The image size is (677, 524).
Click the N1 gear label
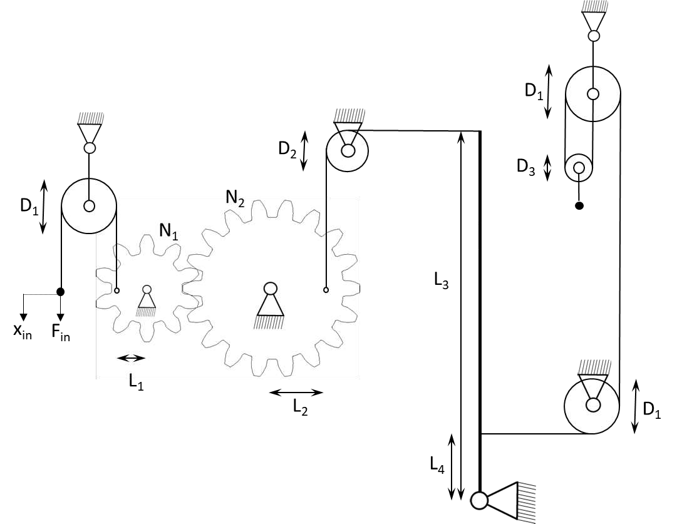169,232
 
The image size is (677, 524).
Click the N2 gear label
235,198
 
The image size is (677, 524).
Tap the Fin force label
61,333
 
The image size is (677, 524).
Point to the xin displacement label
23,332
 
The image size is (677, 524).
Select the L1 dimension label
136,381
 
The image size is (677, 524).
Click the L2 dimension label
300,406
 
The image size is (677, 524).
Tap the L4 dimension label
437,465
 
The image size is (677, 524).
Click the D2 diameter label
287,150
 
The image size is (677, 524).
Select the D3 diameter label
526,167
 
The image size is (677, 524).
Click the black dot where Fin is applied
61,292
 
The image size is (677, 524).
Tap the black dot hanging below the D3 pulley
579,206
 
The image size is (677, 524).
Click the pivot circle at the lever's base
479,501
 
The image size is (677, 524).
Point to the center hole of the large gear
271,289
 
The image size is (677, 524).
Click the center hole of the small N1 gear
147,289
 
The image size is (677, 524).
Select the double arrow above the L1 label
132,358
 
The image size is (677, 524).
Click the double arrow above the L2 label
296,393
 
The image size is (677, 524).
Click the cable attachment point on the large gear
326,290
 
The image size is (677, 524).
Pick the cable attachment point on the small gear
116,290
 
